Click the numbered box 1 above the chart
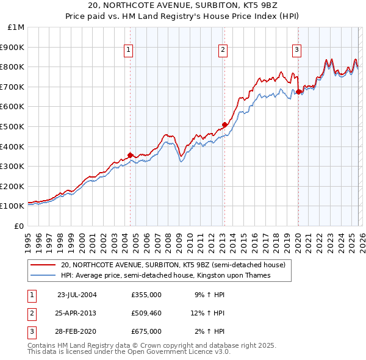pyautogui.click(x=129, y=51)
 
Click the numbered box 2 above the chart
pyautogui.click(x=223, y=51)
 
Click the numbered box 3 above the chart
pyautogui.click(x=296, y=51)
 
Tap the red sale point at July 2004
pyautogui.click(x=130, y=155)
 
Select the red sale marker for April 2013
pyautogui.click(x=224, y=124)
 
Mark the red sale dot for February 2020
pyautogui.click(x=298, y=92)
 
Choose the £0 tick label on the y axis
pyautogui.click(x=20, y=226)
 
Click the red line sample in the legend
pyautogui.click(x=43, y=265)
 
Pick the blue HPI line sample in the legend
pyautogui.click(x=43, y=276)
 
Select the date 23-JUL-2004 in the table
pyautogui.click(x=77, y=294)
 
